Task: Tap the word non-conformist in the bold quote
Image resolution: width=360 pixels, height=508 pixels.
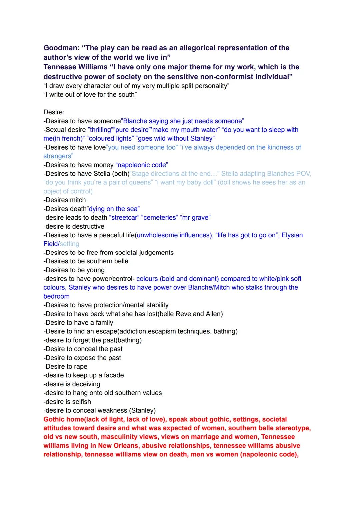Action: (227, 77)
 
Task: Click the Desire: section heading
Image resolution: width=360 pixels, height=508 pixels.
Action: (54, 112)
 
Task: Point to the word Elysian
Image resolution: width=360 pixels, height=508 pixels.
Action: (292, 235)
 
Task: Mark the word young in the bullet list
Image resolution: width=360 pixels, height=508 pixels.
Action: (95, 270)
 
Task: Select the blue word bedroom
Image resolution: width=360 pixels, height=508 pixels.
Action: (57, 296)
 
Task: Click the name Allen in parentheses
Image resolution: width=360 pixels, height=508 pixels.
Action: (210, 314)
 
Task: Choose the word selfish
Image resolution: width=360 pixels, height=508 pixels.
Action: (80, 402)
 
